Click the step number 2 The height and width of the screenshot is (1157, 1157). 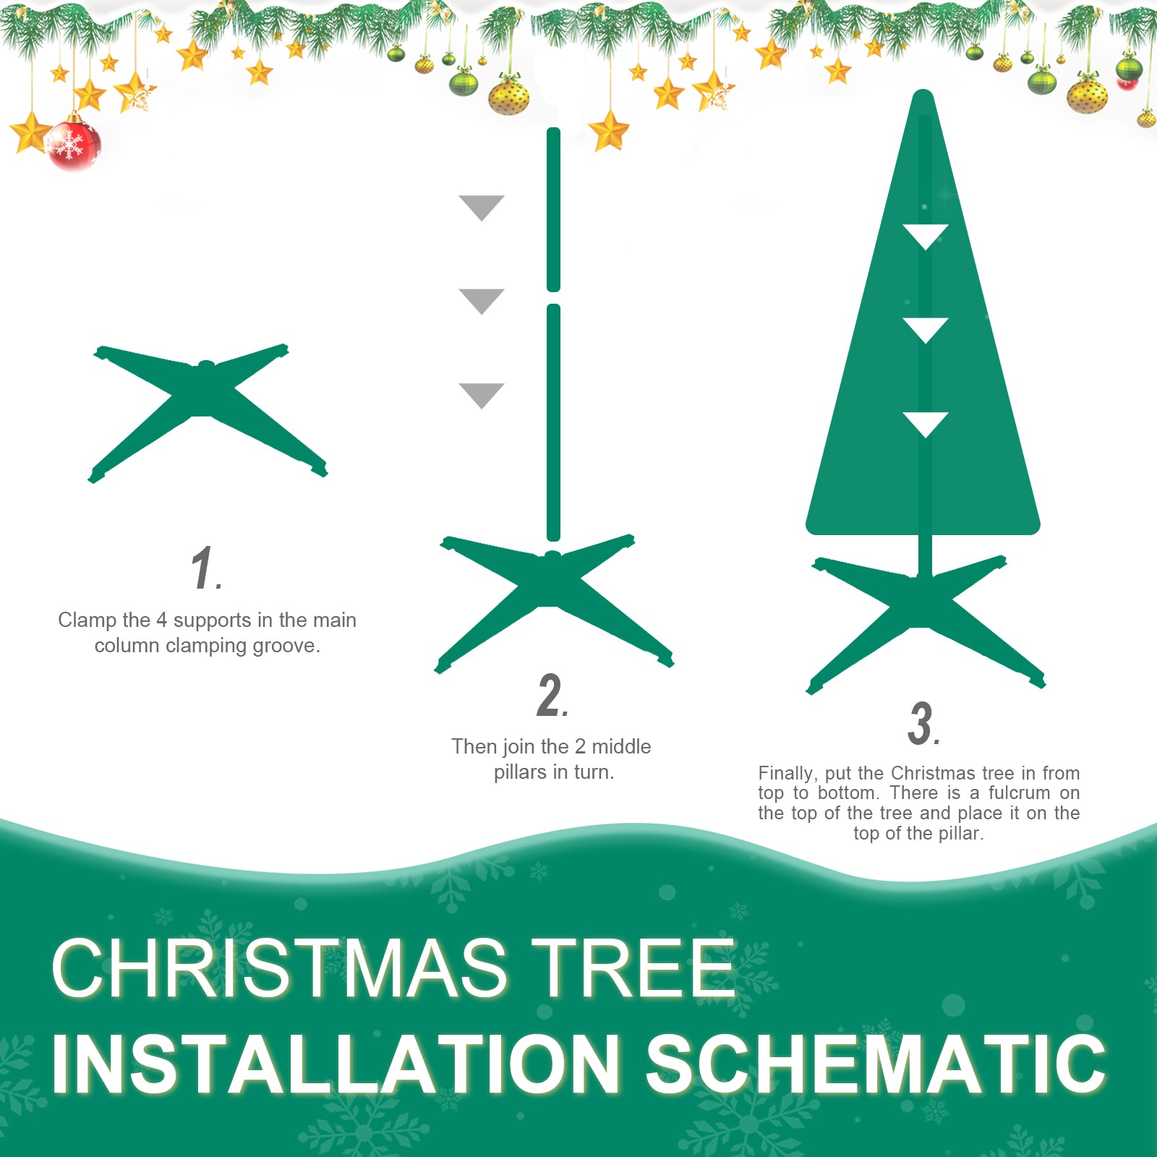coord(551,696)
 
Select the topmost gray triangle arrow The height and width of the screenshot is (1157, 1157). coord(482,206)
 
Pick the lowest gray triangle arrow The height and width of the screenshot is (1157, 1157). coord(482,393)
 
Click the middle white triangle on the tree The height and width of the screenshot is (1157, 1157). coord(926,328)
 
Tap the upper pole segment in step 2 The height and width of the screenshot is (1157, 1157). coord(554,210)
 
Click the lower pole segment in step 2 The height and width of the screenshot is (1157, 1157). coord(554,423)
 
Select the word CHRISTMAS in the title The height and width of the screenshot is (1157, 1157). coord(278,969)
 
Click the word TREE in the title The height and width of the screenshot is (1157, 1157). coord(633,969)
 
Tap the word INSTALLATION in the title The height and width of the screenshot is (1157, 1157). coord(336,1064)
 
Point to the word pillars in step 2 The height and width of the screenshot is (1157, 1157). coord(518,772)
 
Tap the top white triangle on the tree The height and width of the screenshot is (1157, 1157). coord(926,235)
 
